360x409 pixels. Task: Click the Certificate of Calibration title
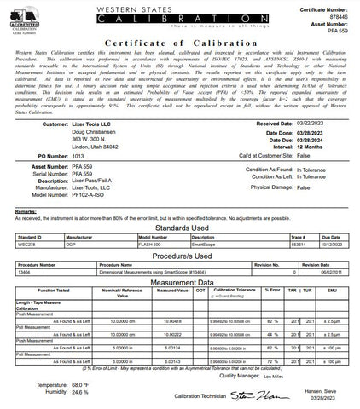pyautogui.click(x=179, y=41)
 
